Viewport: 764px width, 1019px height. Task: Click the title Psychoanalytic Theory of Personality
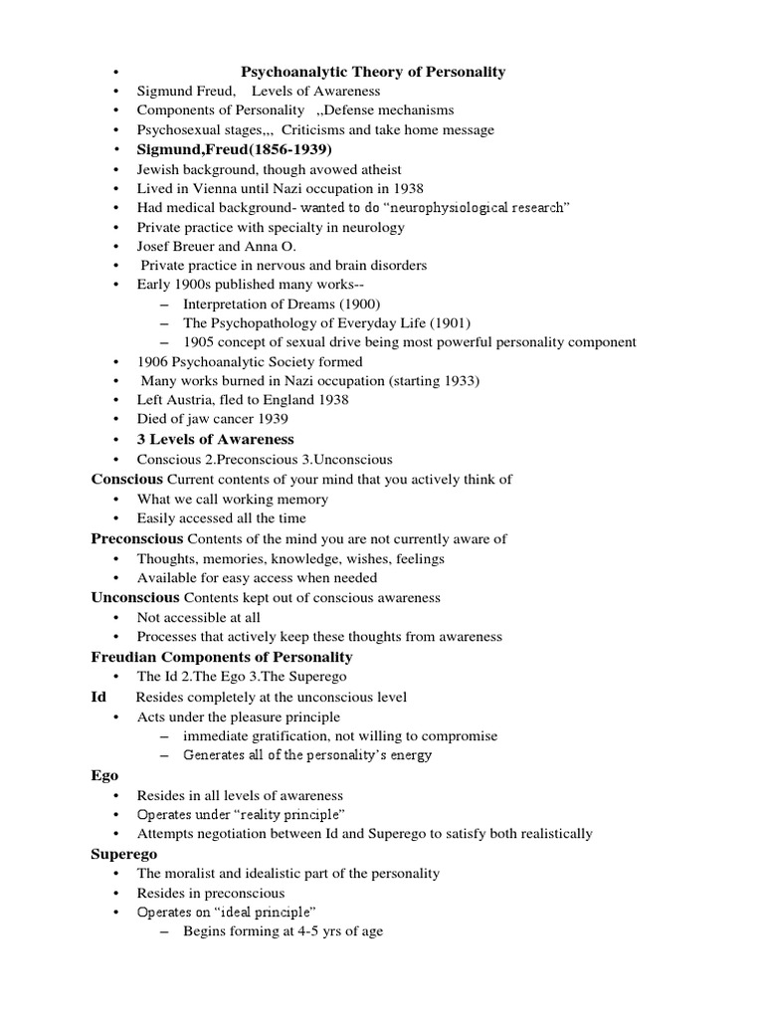click(374, 72)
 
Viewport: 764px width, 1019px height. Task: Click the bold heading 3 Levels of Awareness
click(216, 439)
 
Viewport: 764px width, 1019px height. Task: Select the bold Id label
click(98, 697)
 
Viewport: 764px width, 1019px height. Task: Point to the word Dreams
click(305, 304)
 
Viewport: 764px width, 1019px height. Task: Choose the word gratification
click(286, 735)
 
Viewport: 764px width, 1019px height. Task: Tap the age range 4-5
click(296, 931)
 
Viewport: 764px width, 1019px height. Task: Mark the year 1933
click(461, 380)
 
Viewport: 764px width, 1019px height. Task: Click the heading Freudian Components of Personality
click(221, 657)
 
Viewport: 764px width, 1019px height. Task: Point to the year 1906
click(154, 361)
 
